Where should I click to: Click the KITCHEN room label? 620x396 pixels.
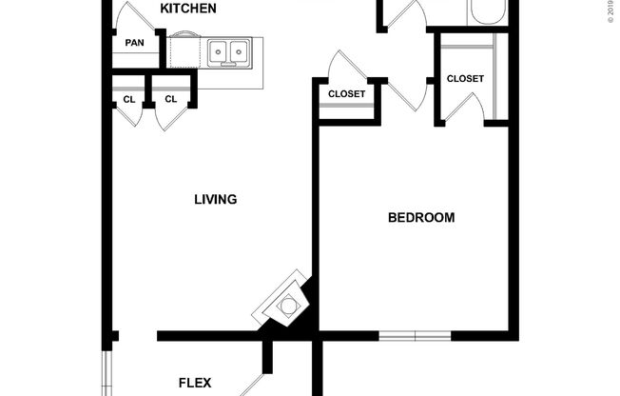point(187,9)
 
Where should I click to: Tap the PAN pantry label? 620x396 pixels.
point(134,43)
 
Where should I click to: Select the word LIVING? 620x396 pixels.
point(215,200)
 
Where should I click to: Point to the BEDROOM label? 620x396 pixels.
point(421,217)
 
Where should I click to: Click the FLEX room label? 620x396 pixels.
point(195,384)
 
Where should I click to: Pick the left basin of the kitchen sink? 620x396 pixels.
point(219,50)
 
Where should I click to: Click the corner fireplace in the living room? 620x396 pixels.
point(283,305)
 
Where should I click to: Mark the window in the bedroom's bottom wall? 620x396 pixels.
point(415,336)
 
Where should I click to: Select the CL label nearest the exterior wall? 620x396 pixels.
point(129,99)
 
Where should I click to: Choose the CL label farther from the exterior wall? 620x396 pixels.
point(171,99)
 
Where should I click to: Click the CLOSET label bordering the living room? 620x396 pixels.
point(346,93)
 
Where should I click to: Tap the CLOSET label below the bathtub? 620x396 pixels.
point(465,78)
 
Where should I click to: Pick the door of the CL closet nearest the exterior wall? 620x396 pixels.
point(129,116)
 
